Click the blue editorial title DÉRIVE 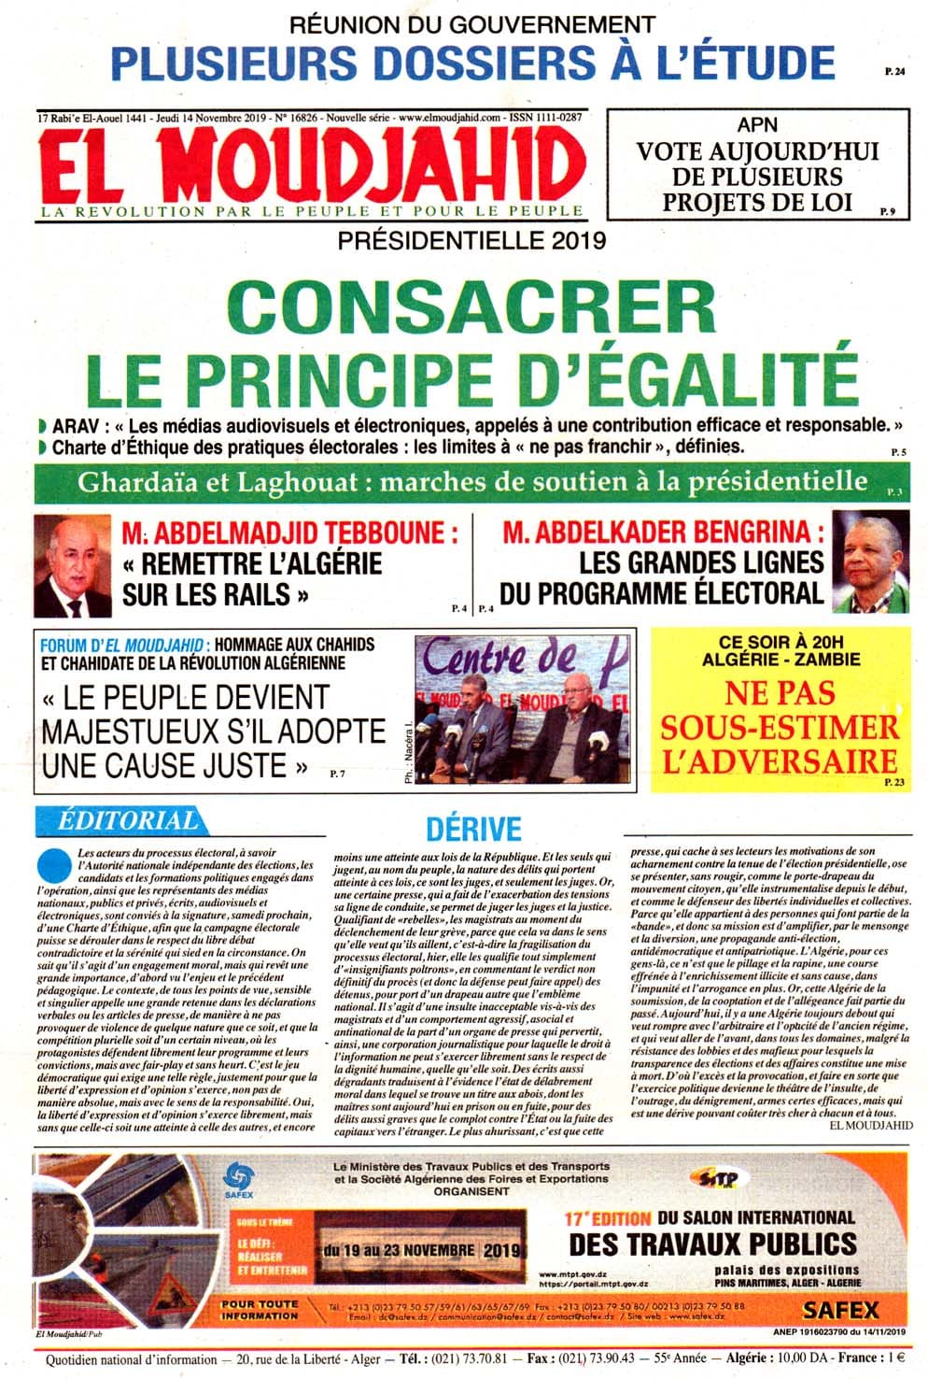click(x=472, y=830)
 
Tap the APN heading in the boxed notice click(x=757, y=124)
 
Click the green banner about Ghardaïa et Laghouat click(x=472, y=482)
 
